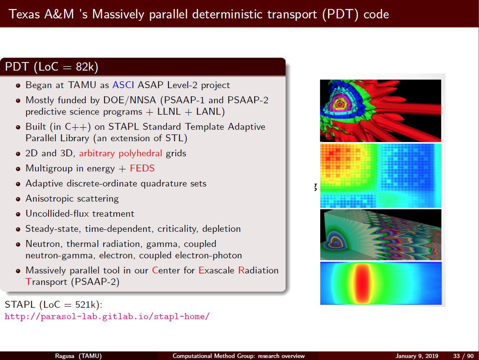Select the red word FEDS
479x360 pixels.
142,169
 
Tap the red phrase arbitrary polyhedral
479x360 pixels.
120,154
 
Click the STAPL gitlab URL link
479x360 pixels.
107,316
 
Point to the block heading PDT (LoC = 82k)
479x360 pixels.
52,67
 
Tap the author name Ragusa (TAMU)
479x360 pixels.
78,356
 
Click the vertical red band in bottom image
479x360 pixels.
361,283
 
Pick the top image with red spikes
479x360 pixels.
380,111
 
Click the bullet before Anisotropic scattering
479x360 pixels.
18,199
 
